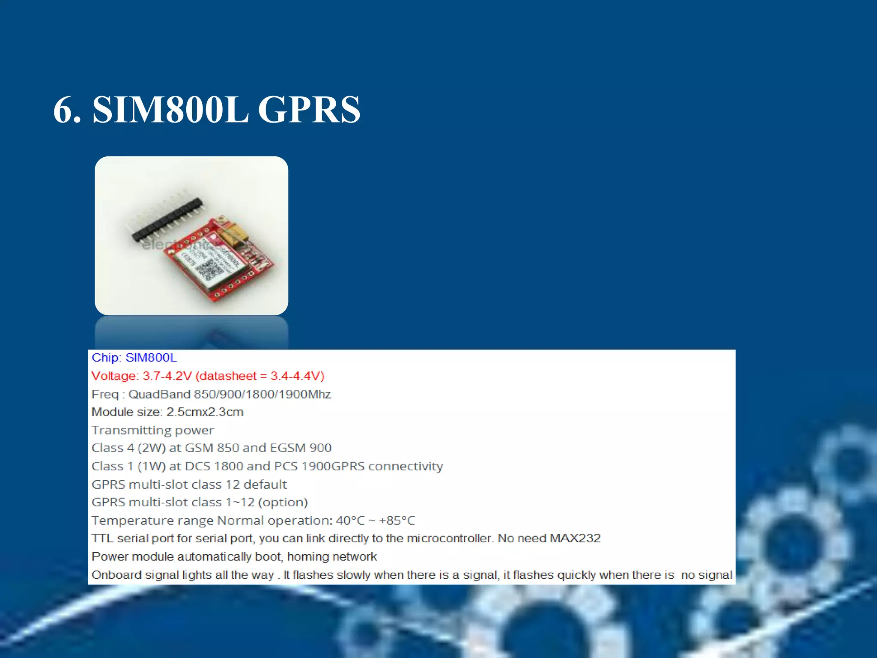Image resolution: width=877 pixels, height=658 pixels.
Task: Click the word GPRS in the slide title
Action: tap(309, 110)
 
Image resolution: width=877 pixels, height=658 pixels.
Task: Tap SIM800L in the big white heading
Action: tap(170, 110)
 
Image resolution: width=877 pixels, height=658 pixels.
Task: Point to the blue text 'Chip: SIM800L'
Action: tap(134, 358)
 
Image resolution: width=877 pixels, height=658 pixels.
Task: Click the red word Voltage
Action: tap(114, 376)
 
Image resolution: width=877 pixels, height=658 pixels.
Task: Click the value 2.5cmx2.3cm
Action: tap(205, 412)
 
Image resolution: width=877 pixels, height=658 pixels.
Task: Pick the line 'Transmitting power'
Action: tap(152, 430)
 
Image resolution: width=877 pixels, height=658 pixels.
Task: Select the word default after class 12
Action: tap(265, 485)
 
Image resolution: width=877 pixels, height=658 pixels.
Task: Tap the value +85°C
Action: tap(397, 520)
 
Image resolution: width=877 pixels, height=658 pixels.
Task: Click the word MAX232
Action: tap(575, 538)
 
